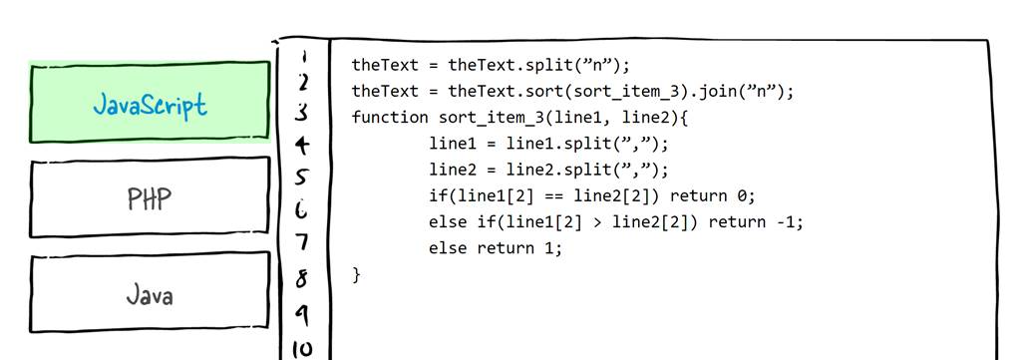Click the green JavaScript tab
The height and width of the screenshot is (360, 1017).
coord(150,104)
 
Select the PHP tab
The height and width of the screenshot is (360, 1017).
coord(150,197)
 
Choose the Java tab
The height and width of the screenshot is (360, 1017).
coord(150,294)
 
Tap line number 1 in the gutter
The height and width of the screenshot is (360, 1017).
coord(303,58)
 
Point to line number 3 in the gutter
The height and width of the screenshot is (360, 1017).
coord(302,113)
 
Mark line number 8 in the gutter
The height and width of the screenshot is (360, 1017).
coord(302,280)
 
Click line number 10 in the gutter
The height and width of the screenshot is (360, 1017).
coord(302,348)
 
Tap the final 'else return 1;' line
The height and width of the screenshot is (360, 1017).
coord(496,247)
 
